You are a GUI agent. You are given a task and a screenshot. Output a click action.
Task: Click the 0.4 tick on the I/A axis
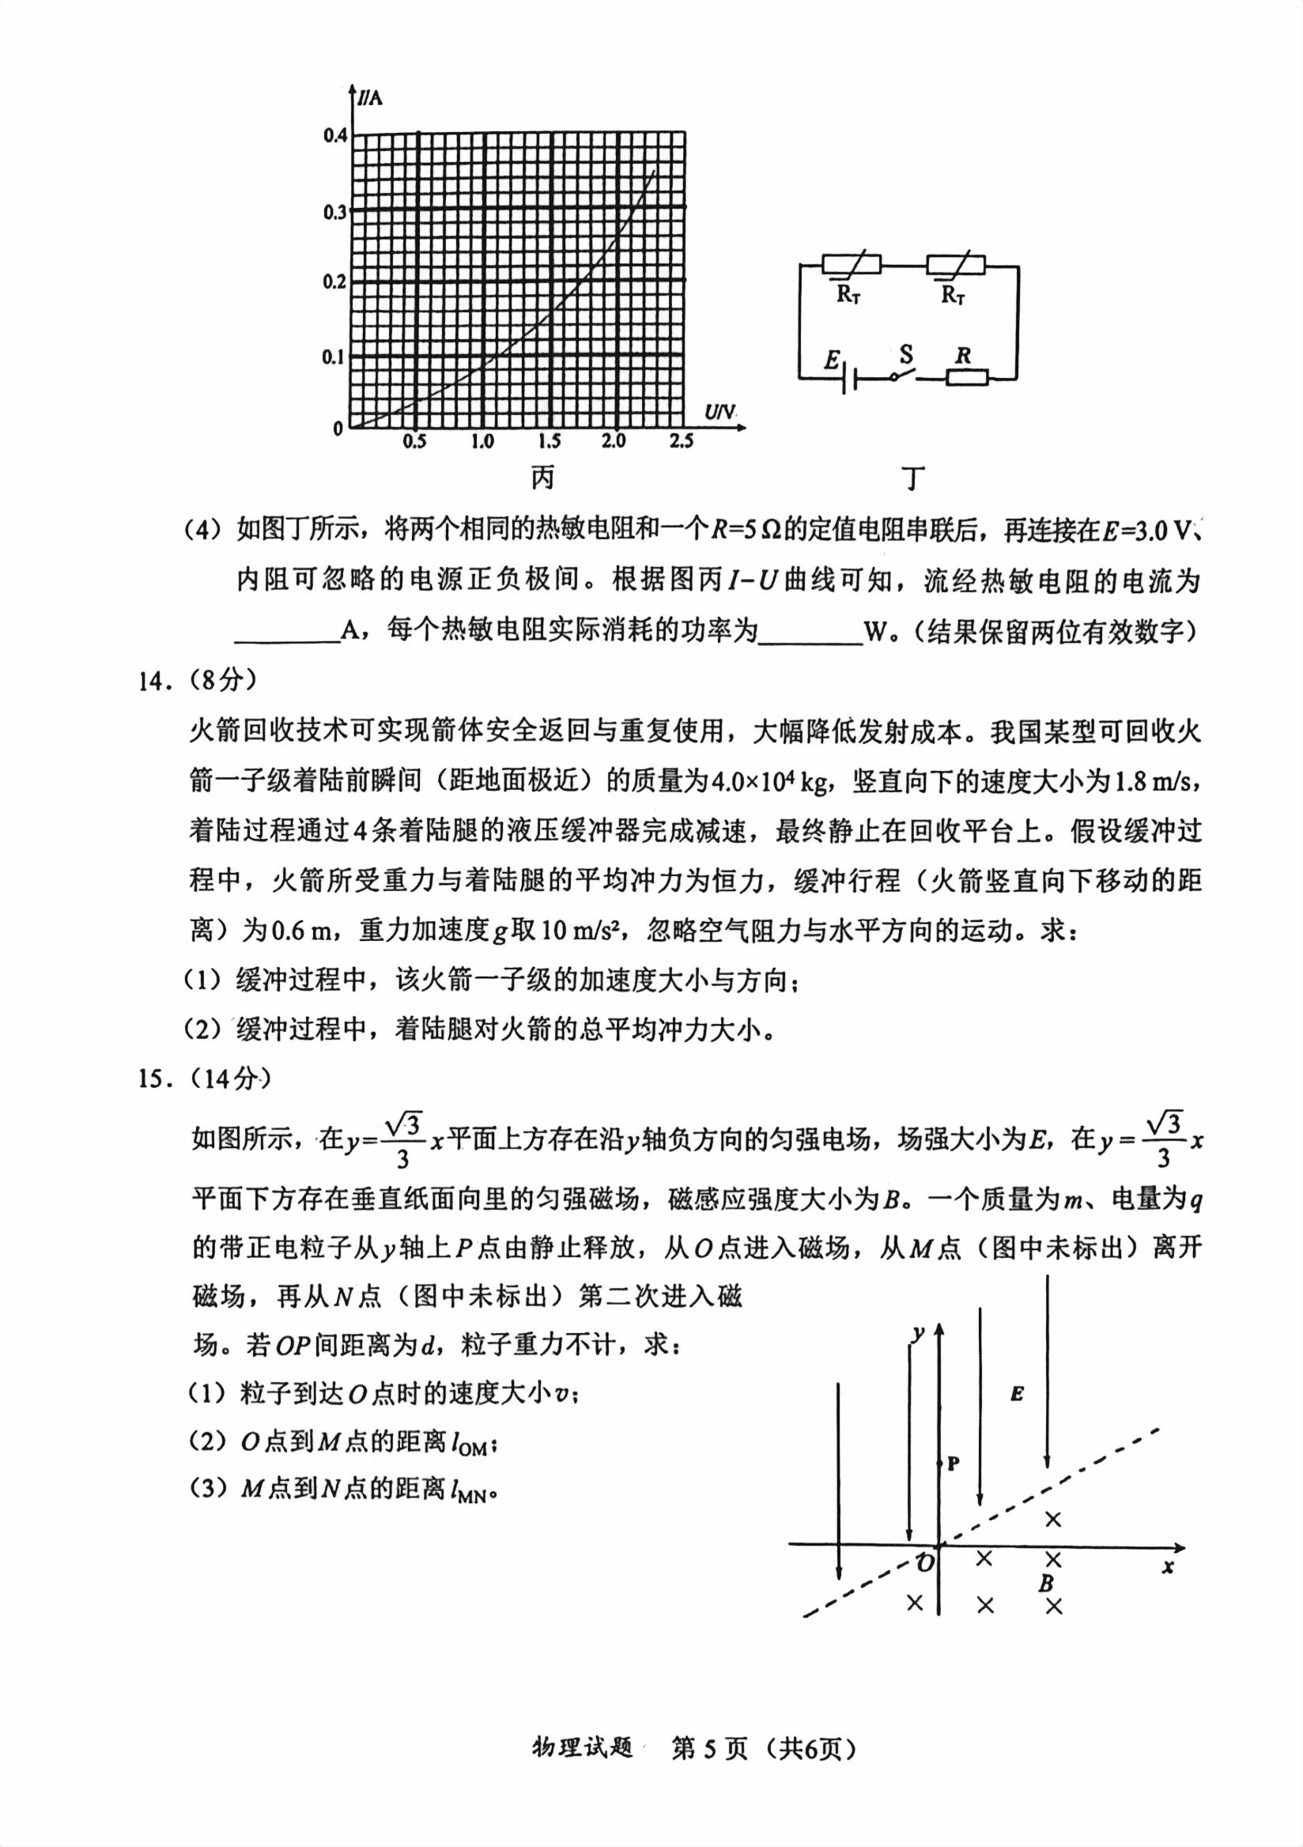[334, 135]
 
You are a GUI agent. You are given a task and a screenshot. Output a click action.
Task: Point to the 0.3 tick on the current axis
[334, 213]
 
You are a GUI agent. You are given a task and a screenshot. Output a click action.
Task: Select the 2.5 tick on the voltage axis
[681, 441]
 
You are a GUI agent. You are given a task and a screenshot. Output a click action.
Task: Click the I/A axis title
[370, 98]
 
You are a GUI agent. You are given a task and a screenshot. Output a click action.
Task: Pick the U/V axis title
[719, 413]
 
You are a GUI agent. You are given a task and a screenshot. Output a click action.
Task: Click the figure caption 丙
[543, 478]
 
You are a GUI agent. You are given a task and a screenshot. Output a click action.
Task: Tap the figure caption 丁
[912, 478]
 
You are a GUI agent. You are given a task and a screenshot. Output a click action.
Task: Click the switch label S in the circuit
[906, 354]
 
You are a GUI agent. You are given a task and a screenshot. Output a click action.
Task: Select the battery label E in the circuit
[832, 360]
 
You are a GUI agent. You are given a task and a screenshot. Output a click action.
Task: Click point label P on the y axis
[953, 1464]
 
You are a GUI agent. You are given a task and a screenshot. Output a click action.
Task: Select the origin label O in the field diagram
[926, 1563]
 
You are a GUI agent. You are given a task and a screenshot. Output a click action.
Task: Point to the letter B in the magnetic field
[1045, 1582]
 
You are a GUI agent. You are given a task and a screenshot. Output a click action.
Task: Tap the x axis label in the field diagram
[1168, 1566]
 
